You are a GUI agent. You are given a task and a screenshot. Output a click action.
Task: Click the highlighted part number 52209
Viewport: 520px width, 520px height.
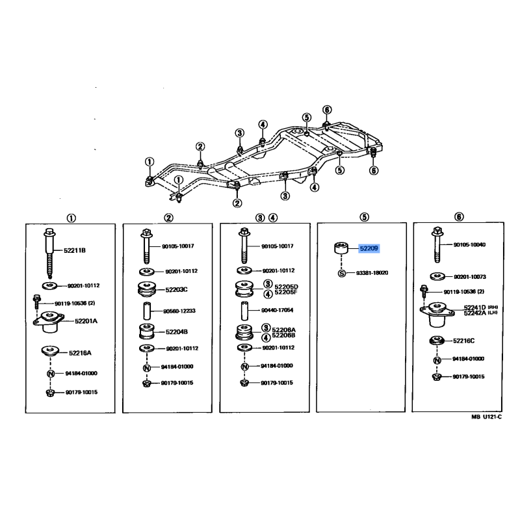[369, 248]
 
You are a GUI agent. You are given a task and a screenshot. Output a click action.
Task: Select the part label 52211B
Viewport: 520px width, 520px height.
[75, 250]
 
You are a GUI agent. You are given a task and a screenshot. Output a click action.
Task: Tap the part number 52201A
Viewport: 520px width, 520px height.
[86, 321]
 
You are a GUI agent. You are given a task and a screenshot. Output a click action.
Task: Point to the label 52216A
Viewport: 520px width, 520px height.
[80, 353]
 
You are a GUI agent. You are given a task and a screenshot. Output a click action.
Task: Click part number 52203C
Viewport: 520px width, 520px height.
[176, 289]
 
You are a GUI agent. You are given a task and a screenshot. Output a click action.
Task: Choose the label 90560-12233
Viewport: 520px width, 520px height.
[179, 311]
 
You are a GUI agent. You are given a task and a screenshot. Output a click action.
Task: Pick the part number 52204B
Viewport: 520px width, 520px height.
[177, 331]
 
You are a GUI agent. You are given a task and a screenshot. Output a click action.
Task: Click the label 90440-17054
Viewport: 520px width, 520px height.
[278, 310]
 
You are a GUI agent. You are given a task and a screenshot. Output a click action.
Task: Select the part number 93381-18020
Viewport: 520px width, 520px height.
[372, 273]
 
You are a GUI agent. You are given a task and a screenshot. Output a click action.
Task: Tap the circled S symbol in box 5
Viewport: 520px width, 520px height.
[342, 273]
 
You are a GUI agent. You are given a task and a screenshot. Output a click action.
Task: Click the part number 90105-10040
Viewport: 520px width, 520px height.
[469, 245]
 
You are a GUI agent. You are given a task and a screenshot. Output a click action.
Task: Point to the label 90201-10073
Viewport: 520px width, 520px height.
[469, 277]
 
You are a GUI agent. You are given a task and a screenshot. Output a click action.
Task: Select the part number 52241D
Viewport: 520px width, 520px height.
[474, 307]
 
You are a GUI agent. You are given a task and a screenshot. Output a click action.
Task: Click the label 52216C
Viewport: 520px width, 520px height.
[463, 341]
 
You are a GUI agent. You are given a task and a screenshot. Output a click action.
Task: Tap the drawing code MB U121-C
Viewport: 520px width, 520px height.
[486, 417]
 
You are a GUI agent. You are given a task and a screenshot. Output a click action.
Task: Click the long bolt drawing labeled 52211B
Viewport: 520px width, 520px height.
[49, 253]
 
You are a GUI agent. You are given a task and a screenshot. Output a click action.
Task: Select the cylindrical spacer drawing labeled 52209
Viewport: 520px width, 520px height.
[341, 248]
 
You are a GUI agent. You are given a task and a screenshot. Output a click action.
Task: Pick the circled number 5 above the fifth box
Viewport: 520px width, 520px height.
[364, 217]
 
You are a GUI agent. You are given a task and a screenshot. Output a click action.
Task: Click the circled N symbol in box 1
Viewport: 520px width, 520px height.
[51, 374]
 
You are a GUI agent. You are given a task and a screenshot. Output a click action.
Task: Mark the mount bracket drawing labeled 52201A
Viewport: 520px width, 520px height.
[48, 321]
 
